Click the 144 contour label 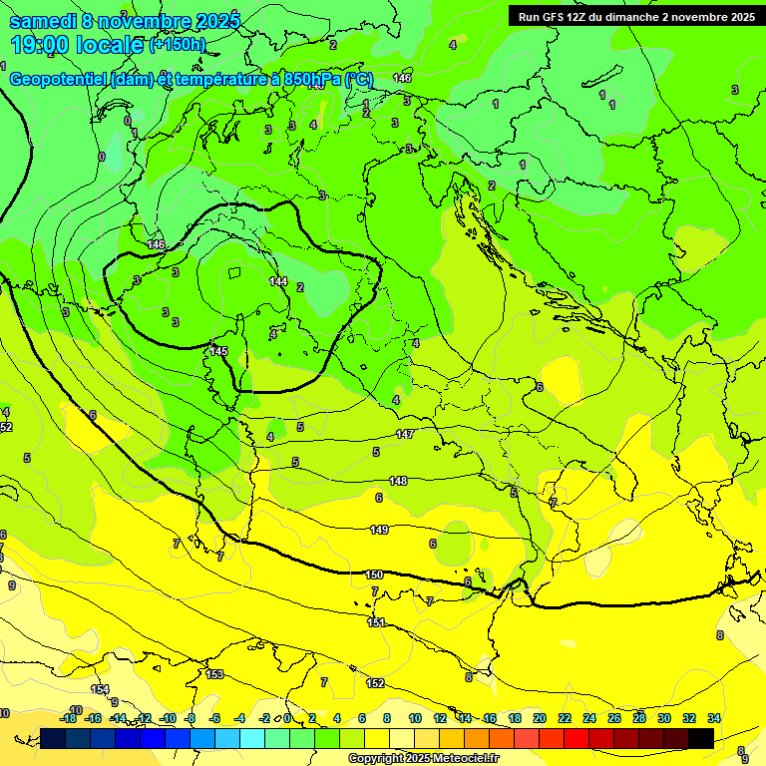tap(278, 282)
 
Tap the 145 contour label tap(218, 351)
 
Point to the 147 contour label tap(405, 434)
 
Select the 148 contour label tap(398, 481)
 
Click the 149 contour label tap(378, 530)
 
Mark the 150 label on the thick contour tap(374, 574)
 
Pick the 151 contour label tap(376, 622)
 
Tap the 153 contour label tap(214, 675)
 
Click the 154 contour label tap(100, 689)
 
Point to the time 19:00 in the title tap(44, 45)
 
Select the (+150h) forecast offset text tap(178, 45)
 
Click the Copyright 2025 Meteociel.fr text tap(423, 758)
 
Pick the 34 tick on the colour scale tap(714, 718)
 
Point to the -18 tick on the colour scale tap(68, 718)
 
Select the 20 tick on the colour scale tap(539, 718)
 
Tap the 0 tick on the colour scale tap(287, 718)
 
